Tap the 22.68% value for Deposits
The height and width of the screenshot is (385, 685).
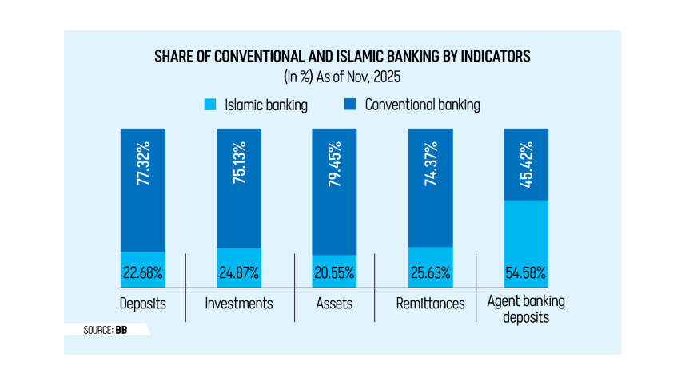coord(143,273)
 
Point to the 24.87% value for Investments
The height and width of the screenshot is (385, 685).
coord(239,273)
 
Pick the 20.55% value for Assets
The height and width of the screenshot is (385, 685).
coord(335,273)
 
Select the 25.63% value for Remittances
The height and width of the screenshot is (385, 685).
coord(430,273)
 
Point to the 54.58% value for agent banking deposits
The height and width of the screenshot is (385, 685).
coord(526,273)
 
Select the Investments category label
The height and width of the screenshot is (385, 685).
coord(239,304)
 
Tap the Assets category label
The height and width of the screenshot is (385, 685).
coord(334,304)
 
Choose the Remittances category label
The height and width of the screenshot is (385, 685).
coord(430,304)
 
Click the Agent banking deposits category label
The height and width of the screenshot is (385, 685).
coord(526,310)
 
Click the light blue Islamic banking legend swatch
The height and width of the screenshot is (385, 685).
coord(212,105)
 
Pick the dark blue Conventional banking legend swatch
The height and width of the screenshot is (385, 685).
coord(349,105)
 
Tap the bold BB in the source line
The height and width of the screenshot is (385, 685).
coord(121,329)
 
